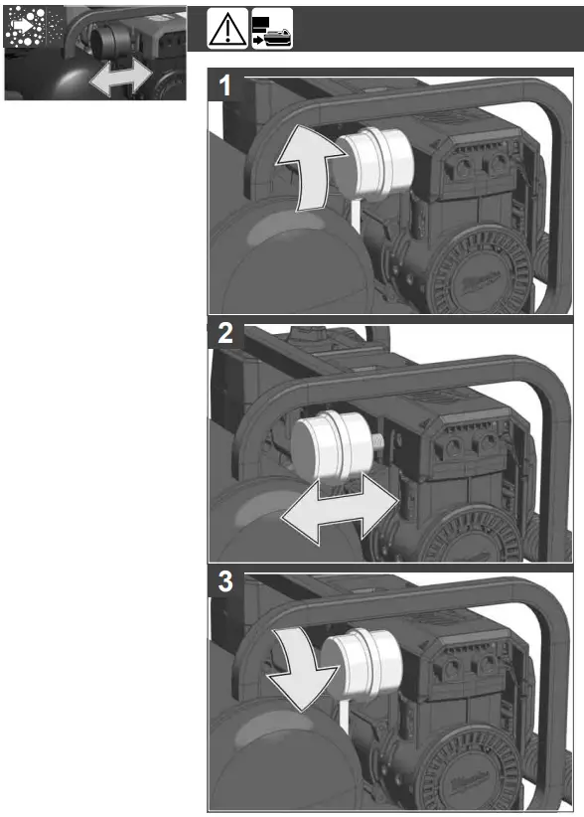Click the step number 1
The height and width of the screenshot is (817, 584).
pos(225,87)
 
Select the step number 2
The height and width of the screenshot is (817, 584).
pos(225,335)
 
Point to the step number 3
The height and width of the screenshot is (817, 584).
pos(225,583)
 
